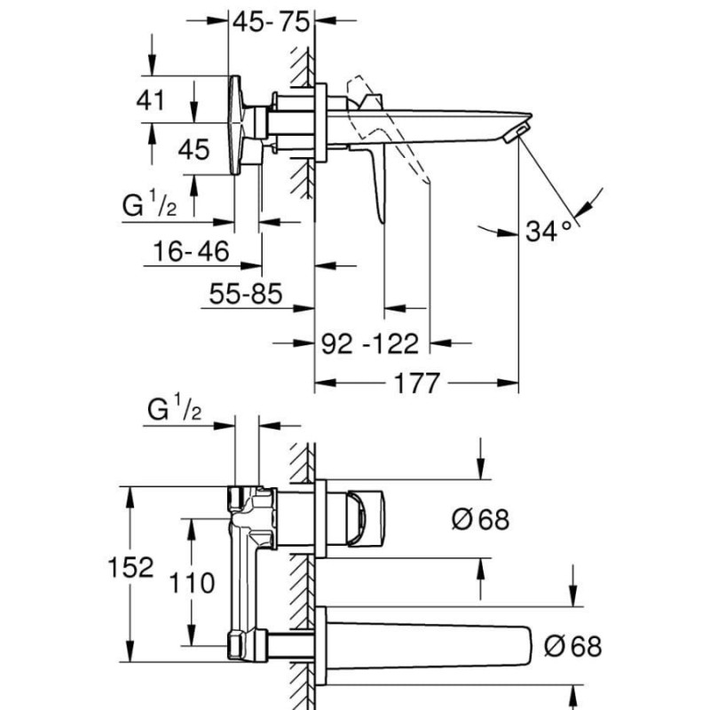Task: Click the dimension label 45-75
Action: (272, 21)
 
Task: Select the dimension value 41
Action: (151, 100)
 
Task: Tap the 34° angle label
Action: (548, 232)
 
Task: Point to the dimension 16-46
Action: (191, 251)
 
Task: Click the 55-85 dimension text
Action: (246, 294)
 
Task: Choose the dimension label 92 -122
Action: (370, 343)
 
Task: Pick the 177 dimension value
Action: (417, 383)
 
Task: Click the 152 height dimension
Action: (130, 567)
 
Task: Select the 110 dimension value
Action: (192, 583)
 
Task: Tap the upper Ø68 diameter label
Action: (480, 519)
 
